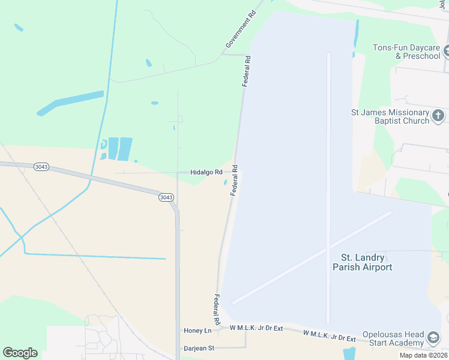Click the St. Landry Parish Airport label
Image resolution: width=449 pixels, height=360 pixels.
pos(362,262)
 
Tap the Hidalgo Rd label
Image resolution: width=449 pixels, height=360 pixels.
pos(206,172)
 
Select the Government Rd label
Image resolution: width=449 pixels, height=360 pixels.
pos(244,29)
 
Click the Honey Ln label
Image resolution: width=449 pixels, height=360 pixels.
pos(197,331)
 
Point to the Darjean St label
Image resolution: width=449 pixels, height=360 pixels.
pos(198,347)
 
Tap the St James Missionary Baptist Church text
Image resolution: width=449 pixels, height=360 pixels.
pos(390,116)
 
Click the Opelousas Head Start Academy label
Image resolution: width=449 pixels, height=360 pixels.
pos(393,338)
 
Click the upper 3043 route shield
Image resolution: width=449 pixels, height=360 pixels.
pos(41,166)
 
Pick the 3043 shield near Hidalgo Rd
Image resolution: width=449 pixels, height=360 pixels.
pos(166,197)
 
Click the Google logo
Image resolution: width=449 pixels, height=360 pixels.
pos(20,353)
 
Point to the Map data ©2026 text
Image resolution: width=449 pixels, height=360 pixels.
pos(423,355)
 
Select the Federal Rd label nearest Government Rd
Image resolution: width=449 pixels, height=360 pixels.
pos(246,71)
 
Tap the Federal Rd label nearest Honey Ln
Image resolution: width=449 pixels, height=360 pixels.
pos(216,310)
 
